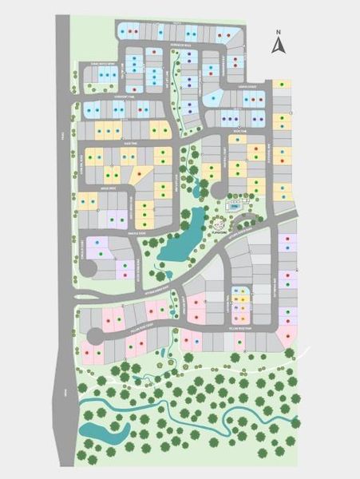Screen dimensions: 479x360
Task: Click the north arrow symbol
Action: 278,46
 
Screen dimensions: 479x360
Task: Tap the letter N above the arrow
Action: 278,34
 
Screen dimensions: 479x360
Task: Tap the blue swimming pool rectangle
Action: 235,206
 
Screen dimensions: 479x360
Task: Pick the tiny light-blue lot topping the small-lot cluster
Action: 239,286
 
